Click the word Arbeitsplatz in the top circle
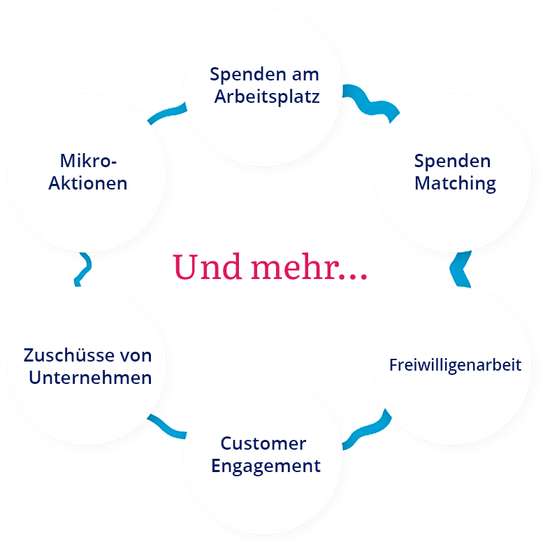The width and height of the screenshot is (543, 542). click(266, 97)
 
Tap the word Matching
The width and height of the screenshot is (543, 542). click(455, 183)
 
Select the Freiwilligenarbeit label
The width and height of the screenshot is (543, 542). click(455, 365)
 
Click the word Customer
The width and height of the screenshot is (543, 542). click(263, 443)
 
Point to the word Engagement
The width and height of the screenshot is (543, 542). click(266, 466)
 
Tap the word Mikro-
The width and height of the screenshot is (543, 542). click(88, 161)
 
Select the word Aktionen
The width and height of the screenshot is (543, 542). click(88, 183)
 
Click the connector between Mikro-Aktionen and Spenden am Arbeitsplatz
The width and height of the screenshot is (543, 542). click(166, 112)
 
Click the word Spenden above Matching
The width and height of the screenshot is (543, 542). click(452, 161)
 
